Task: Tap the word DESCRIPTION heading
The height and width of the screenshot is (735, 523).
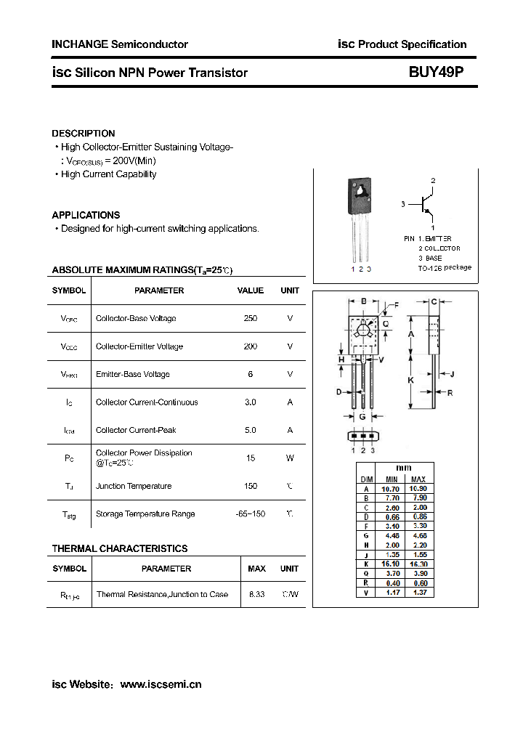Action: [84, 134]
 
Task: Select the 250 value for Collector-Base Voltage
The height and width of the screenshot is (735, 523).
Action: [251, 319]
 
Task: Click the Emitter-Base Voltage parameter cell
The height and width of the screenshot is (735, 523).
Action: [133, 375]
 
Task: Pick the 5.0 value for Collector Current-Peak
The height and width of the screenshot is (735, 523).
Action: [251, 431]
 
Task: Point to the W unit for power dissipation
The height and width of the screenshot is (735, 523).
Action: [290, 458]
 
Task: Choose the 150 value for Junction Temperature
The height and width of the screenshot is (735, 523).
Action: [251, 487]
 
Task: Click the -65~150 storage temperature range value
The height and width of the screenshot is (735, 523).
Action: [251, 514]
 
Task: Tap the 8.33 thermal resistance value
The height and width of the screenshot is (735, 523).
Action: [257, 595]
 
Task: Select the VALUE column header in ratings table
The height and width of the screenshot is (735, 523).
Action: [251, 291]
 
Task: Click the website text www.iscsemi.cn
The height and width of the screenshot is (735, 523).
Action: [161, 684]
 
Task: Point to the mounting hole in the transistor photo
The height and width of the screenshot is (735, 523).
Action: [360, 192]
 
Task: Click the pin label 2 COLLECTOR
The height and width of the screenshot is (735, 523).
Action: [439, 248]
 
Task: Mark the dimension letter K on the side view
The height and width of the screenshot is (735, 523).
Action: [411, 380]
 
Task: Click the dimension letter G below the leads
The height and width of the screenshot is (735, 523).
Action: [362, 417]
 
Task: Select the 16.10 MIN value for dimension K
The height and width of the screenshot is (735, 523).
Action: [392, 564]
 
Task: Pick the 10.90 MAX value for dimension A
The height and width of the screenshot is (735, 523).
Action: [418, 489]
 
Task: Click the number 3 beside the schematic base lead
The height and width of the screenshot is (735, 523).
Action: [402, 205]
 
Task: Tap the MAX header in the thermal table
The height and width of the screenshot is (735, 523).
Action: [257, 569]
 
